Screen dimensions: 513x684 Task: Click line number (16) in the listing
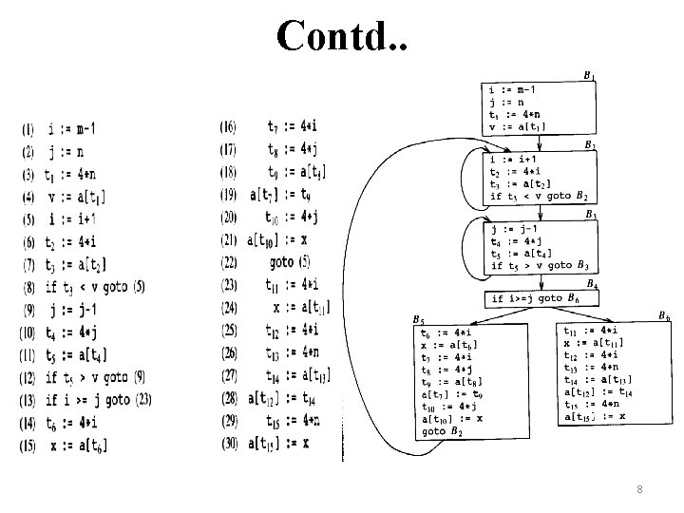pos(229,126)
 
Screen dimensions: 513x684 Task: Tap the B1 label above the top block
pos(589,75)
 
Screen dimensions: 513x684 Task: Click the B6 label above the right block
pos(663,315)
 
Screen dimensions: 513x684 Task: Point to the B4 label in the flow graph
pos(593,284)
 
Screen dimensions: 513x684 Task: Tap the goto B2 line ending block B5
pos(442,430)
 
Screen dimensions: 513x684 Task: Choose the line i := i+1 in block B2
pos(514,161)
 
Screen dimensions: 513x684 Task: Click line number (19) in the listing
pos(229,195)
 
